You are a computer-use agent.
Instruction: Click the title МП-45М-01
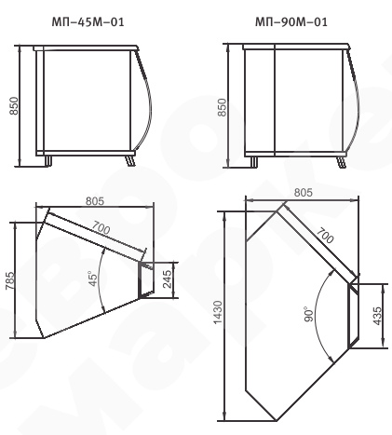[88, 22]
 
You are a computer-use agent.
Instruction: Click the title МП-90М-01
[291, 22]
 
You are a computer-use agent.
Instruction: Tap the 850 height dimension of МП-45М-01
[14, 106]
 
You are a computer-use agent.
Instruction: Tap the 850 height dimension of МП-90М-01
[222, 107]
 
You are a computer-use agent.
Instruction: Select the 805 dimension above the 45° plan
[95, 201]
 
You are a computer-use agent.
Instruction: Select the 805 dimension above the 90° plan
[304, 193]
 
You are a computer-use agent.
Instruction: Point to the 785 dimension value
[9, 280]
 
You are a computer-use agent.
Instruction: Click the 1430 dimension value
[218, 312]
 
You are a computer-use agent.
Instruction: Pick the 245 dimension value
[167, 279]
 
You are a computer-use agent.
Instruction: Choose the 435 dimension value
[377, 316]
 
